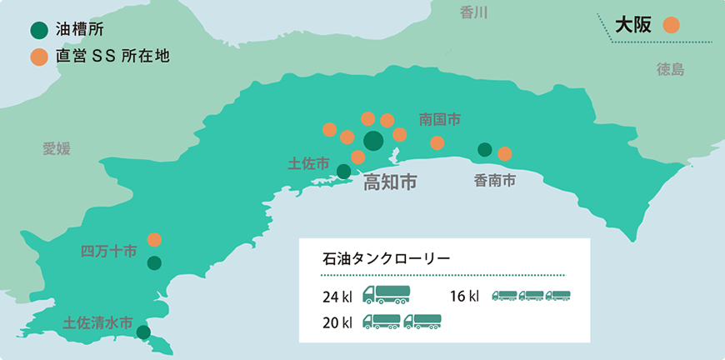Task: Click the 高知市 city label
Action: click(x=390, y=182)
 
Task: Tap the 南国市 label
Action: click(x=439, y=119)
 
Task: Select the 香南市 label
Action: click(x=495, y=179)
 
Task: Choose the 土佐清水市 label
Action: click(x=97, y=322)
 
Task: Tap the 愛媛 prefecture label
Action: click(x=57, y=148)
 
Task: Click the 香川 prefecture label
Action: click(x=473, y=12)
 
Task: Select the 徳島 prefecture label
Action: click(x=670, y=69)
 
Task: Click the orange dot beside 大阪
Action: click(x=671, y=26)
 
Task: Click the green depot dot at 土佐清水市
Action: click(x=143, y=332)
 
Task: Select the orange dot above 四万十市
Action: click(x=154, y=239)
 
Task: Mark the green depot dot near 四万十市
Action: click(x=154, y=263)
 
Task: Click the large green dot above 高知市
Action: click(x=373, y=140)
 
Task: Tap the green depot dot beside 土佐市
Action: click(x=343, y=172)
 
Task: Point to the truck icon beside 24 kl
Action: click(x=387, y=294)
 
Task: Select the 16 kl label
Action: click(x=464, y=295)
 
